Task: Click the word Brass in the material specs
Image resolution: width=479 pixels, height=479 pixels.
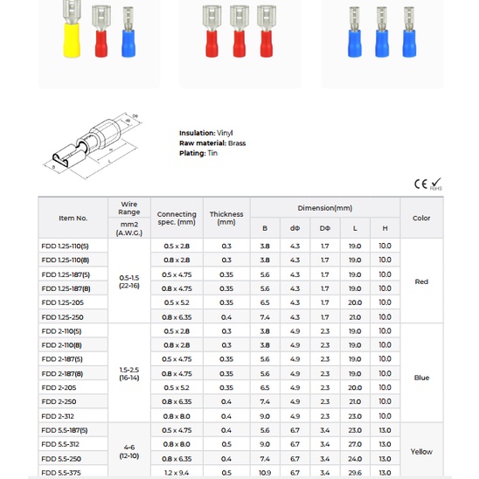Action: tap(237, 142)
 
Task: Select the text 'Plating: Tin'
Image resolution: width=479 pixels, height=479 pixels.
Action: tap(198, 153)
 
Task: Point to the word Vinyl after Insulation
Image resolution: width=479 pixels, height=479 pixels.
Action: tap(225, 133)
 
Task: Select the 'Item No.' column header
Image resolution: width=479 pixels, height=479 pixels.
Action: tap(73, 218)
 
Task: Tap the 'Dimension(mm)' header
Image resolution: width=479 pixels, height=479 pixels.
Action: tap(324, 208)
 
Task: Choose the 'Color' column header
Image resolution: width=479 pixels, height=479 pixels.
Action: tap(421, 218)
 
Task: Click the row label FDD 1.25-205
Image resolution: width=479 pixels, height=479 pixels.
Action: tap(62, 302)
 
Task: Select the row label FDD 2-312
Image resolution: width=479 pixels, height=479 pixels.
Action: tap(59, 416)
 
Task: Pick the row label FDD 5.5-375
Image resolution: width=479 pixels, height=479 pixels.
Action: tap(61, 473)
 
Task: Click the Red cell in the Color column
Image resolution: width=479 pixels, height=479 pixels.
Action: tap(421, 281)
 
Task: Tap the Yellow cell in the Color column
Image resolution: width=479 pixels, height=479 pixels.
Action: tap(421, 452)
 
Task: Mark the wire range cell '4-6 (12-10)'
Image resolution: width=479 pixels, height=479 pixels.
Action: tap(129, 452)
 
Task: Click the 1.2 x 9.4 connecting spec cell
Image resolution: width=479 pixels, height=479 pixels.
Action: tap(177, 473)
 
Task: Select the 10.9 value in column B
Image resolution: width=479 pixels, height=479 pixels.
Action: tap(265, 473)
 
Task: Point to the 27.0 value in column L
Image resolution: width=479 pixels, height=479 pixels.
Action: tap(355, 444)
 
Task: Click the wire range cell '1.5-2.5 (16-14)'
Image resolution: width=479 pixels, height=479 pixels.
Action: tap(129, 373)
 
